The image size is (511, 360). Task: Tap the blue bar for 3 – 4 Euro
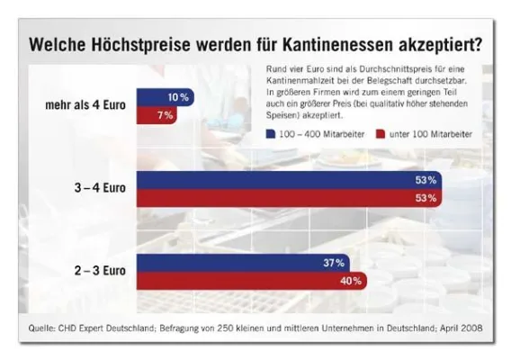288,181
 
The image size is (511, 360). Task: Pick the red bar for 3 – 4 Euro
288,198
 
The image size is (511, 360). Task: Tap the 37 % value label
334,263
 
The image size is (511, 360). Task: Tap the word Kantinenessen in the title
336,44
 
